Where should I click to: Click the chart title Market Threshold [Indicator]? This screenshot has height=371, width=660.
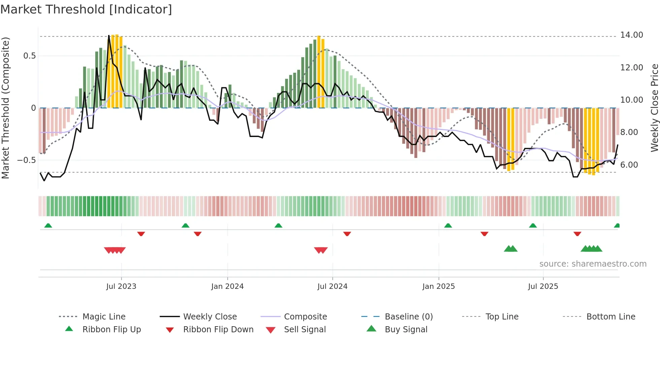86,9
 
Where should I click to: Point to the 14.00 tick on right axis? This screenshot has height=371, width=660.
631,35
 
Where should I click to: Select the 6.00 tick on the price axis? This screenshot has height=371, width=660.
629,165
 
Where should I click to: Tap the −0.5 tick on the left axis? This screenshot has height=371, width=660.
27,160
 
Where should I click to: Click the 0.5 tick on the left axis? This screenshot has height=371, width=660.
30,56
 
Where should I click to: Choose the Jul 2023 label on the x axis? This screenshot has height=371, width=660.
121,286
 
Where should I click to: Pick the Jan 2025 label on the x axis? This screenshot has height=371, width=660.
438,286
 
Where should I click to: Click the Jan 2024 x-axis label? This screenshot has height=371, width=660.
227,286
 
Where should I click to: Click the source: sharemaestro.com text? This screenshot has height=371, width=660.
593,264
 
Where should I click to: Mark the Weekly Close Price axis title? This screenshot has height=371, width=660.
654,108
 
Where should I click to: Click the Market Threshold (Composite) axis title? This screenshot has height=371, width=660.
5,108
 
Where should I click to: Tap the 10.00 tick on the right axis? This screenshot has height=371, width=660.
631,100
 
